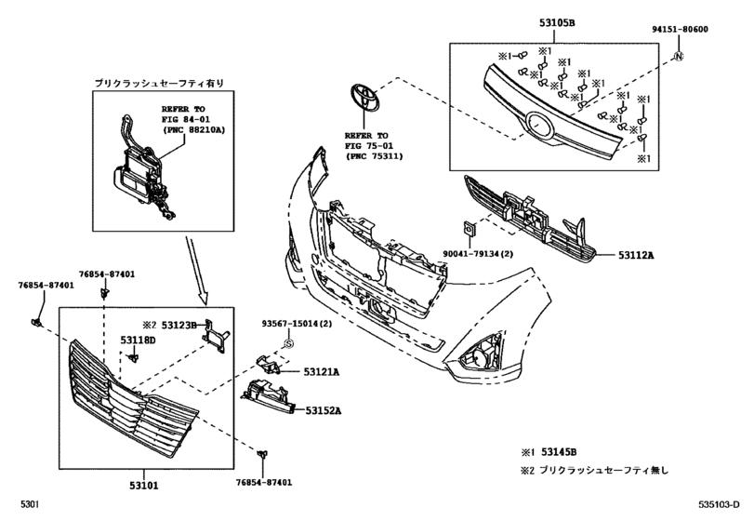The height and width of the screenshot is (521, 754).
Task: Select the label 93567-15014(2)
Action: (295, 324)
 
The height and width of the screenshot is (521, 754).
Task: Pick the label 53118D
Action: (138, 341)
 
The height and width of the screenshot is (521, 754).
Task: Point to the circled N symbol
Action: (679, 57)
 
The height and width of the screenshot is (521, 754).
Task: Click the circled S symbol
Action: (287, 343)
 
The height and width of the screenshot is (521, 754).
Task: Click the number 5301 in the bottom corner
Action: (23, 504)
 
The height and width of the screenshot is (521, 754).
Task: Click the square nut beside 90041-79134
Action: (468, 227)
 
